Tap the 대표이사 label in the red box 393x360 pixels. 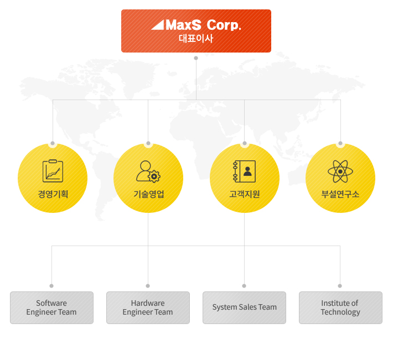(x=196, y=39)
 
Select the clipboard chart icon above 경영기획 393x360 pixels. (x=53, y=171)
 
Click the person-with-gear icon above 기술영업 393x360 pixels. (x=148, y=171)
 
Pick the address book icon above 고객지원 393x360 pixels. (x=244, y=171)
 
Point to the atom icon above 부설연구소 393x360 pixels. (x=340, y=171)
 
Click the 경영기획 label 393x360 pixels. (x=53, y=194)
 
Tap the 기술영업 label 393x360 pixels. (x=149, y=194)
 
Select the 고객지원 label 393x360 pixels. (x=244, y=194)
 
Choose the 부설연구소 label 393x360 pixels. (x=340, y=194)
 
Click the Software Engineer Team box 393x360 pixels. (x=51, y=307)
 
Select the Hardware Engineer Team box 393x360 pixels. (x=148, y=307)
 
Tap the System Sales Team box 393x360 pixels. (x=244, y=307)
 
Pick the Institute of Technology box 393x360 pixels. (x=340, y=307)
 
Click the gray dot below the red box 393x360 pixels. (x=196, y=58)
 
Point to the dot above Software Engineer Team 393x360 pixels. (x=51, y=286)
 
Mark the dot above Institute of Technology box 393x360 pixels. (x=340, y=286)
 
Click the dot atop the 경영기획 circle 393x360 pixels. (x=53, y=143)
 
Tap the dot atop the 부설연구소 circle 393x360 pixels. (x=340, y=143)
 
